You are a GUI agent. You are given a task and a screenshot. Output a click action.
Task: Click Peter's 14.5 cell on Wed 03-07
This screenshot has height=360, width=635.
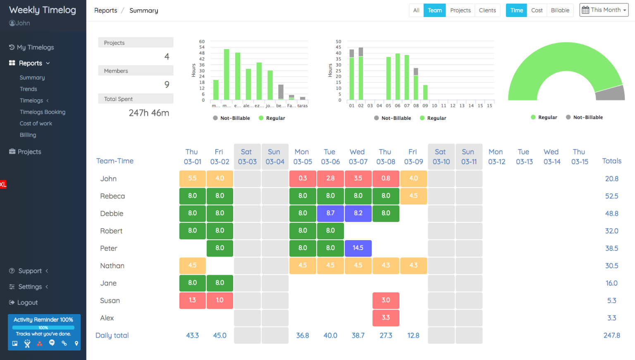tap(358, 248)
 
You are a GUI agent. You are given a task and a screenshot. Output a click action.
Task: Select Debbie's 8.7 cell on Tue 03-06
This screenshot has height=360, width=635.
tap(330, 213)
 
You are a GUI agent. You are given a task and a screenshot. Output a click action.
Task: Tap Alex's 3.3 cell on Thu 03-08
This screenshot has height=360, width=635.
tap(386, 317)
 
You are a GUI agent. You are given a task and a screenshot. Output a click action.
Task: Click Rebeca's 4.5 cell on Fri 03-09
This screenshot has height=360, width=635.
tap(413, 196)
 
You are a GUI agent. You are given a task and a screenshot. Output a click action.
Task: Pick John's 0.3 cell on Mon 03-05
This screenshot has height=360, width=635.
tap(303, 179)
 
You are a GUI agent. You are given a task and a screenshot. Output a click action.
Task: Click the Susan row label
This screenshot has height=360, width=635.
tap(110, 300)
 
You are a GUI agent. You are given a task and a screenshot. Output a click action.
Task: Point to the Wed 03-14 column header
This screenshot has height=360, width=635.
tap(551, 157)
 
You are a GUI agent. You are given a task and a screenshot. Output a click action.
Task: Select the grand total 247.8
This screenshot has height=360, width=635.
tap(611, 335)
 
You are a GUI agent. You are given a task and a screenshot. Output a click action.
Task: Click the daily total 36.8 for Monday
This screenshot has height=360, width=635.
tap(303, 335)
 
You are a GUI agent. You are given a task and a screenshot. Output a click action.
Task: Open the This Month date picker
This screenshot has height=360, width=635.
tap(604, 10)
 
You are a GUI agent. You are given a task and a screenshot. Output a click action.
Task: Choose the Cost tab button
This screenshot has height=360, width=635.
tap(537, 10)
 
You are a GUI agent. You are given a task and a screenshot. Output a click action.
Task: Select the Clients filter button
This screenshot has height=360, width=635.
tap(487, 10)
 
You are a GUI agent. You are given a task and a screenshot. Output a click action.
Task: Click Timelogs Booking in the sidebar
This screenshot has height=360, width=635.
tap(43, 112)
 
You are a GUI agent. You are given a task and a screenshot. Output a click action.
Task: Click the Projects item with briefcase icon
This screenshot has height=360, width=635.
tap(29, 152)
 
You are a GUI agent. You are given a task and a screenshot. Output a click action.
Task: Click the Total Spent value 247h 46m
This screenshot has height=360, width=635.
tap(149, 113)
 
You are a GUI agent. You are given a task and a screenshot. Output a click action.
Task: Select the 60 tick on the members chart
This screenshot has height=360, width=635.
tap(202, 42)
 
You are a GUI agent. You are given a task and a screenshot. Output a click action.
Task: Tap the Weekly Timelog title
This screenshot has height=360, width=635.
tap(43, 10)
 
